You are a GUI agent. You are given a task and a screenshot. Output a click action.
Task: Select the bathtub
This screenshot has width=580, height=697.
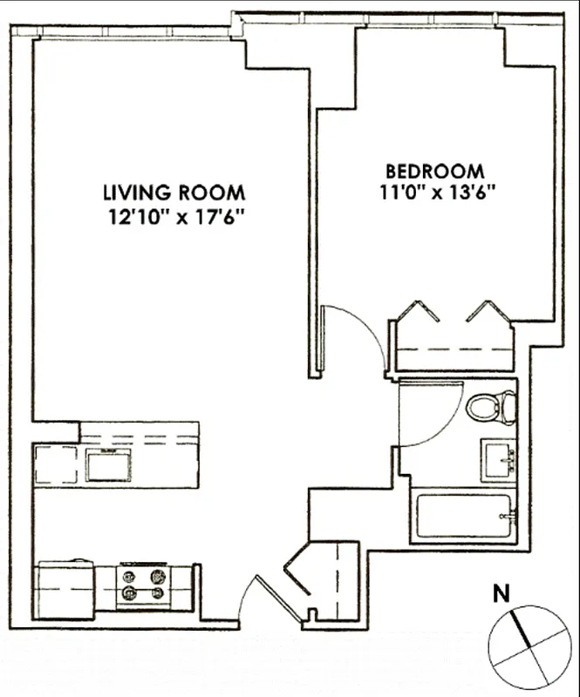pyautogui.click(x=463, y=517)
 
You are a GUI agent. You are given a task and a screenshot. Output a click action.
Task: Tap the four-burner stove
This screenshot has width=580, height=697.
pyautogui.click(x=144, y=585)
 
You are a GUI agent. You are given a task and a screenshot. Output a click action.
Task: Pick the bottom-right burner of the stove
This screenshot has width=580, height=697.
pyautogui.click(x=158, y=593)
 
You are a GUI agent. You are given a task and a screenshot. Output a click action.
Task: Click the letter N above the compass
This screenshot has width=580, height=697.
pyautogui.click(x=501, y=596)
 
